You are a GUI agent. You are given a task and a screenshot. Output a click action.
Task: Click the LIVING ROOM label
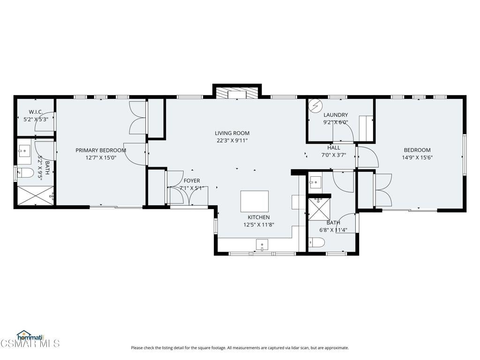232,133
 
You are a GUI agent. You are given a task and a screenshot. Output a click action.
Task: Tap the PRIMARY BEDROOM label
101,150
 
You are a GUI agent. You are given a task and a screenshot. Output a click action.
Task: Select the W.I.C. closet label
36,112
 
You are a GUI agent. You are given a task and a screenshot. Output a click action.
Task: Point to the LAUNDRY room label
336,115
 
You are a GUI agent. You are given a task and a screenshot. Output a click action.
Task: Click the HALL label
334,148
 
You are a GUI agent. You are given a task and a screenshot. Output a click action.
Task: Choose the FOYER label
192,181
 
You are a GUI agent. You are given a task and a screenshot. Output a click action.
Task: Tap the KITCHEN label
259,217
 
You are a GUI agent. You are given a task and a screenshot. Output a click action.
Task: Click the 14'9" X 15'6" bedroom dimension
417,157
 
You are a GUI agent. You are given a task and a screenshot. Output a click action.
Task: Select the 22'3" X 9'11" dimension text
232,141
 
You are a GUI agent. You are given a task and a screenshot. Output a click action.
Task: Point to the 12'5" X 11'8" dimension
259,225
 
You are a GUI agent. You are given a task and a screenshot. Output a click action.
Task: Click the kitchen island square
255,201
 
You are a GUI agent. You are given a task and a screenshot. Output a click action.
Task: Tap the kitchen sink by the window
262,245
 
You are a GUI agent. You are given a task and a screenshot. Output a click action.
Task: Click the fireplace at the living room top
237,93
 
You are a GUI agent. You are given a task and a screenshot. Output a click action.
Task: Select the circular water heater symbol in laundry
315,106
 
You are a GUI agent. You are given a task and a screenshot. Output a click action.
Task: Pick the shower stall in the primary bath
36,195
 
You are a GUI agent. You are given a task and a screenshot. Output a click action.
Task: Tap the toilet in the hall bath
316,243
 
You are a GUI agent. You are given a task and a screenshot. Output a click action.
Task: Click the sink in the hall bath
315,183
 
